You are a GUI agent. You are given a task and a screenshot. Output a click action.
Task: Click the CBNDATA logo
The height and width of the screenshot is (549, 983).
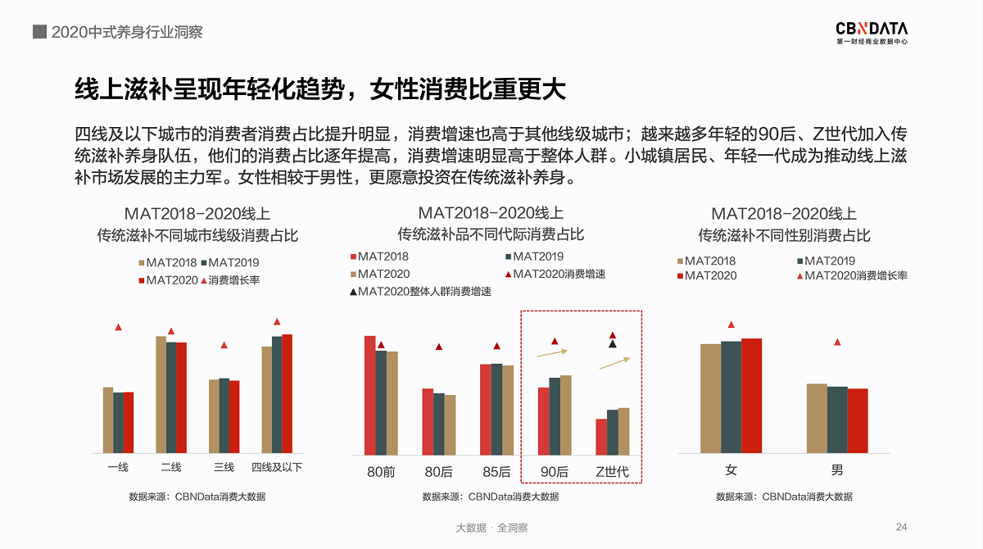pos(872,31)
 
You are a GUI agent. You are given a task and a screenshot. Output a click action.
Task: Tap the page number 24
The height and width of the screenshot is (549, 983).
pos(902,527)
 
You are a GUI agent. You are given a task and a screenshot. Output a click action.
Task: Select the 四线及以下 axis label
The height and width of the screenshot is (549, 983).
pos(277,467)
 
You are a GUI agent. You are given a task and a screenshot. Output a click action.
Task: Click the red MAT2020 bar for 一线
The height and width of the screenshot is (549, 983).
pos(129,422)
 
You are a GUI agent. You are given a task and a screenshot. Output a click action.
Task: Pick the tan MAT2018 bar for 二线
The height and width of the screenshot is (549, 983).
pos(161,394)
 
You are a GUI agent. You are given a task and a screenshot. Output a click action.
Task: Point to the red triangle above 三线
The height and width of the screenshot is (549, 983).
pos(224,345)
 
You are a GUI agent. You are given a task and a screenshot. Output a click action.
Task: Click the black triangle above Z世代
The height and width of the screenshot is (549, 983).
pos(612,344)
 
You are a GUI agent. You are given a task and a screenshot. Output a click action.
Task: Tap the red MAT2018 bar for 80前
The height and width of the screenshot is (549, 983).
pos(369,395)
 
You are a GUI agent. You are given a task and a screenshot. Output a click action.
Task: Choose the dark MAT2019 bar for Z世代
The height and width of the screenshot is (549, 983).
pos(613,432)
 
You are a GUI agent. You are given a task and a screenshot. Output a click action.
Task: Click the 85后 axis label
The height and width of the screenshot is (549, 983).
pos(496,471)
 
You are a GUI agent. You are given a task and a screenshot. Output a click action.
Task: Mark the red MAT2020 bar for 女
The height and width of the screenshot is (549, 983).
pos(751,395)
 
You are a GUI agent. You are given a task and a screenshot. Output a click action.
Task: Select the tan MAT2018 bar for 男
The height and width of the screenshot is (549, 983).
pos(817,418)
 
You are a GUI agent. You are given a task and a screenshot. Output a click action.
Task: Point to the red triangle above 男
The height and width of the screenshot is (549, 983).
pos(836,343)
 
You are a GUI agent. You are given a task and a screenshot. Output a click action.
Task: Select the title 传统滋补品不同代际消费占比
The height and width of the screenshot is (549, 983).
pos(491,234)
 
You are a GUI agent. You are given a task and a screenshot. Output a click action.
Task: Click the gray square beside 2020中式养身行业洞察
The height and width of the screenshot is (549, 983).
pos(39,32)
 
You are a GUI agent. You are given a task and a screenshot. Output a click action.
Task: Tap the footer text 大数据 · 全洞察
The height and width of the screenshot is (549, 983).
pos(491,528)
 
